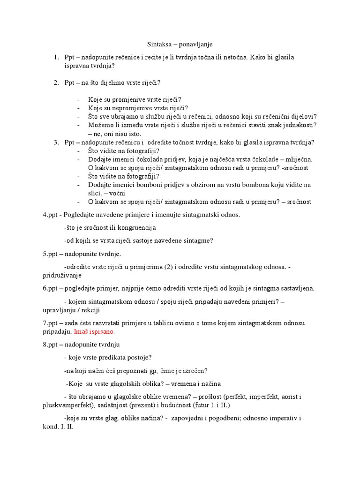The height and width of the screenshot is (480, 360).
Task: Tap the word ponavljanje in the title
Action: [194, 44]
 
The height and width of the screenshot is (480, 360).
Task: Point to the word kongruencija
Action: [134, 227]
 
